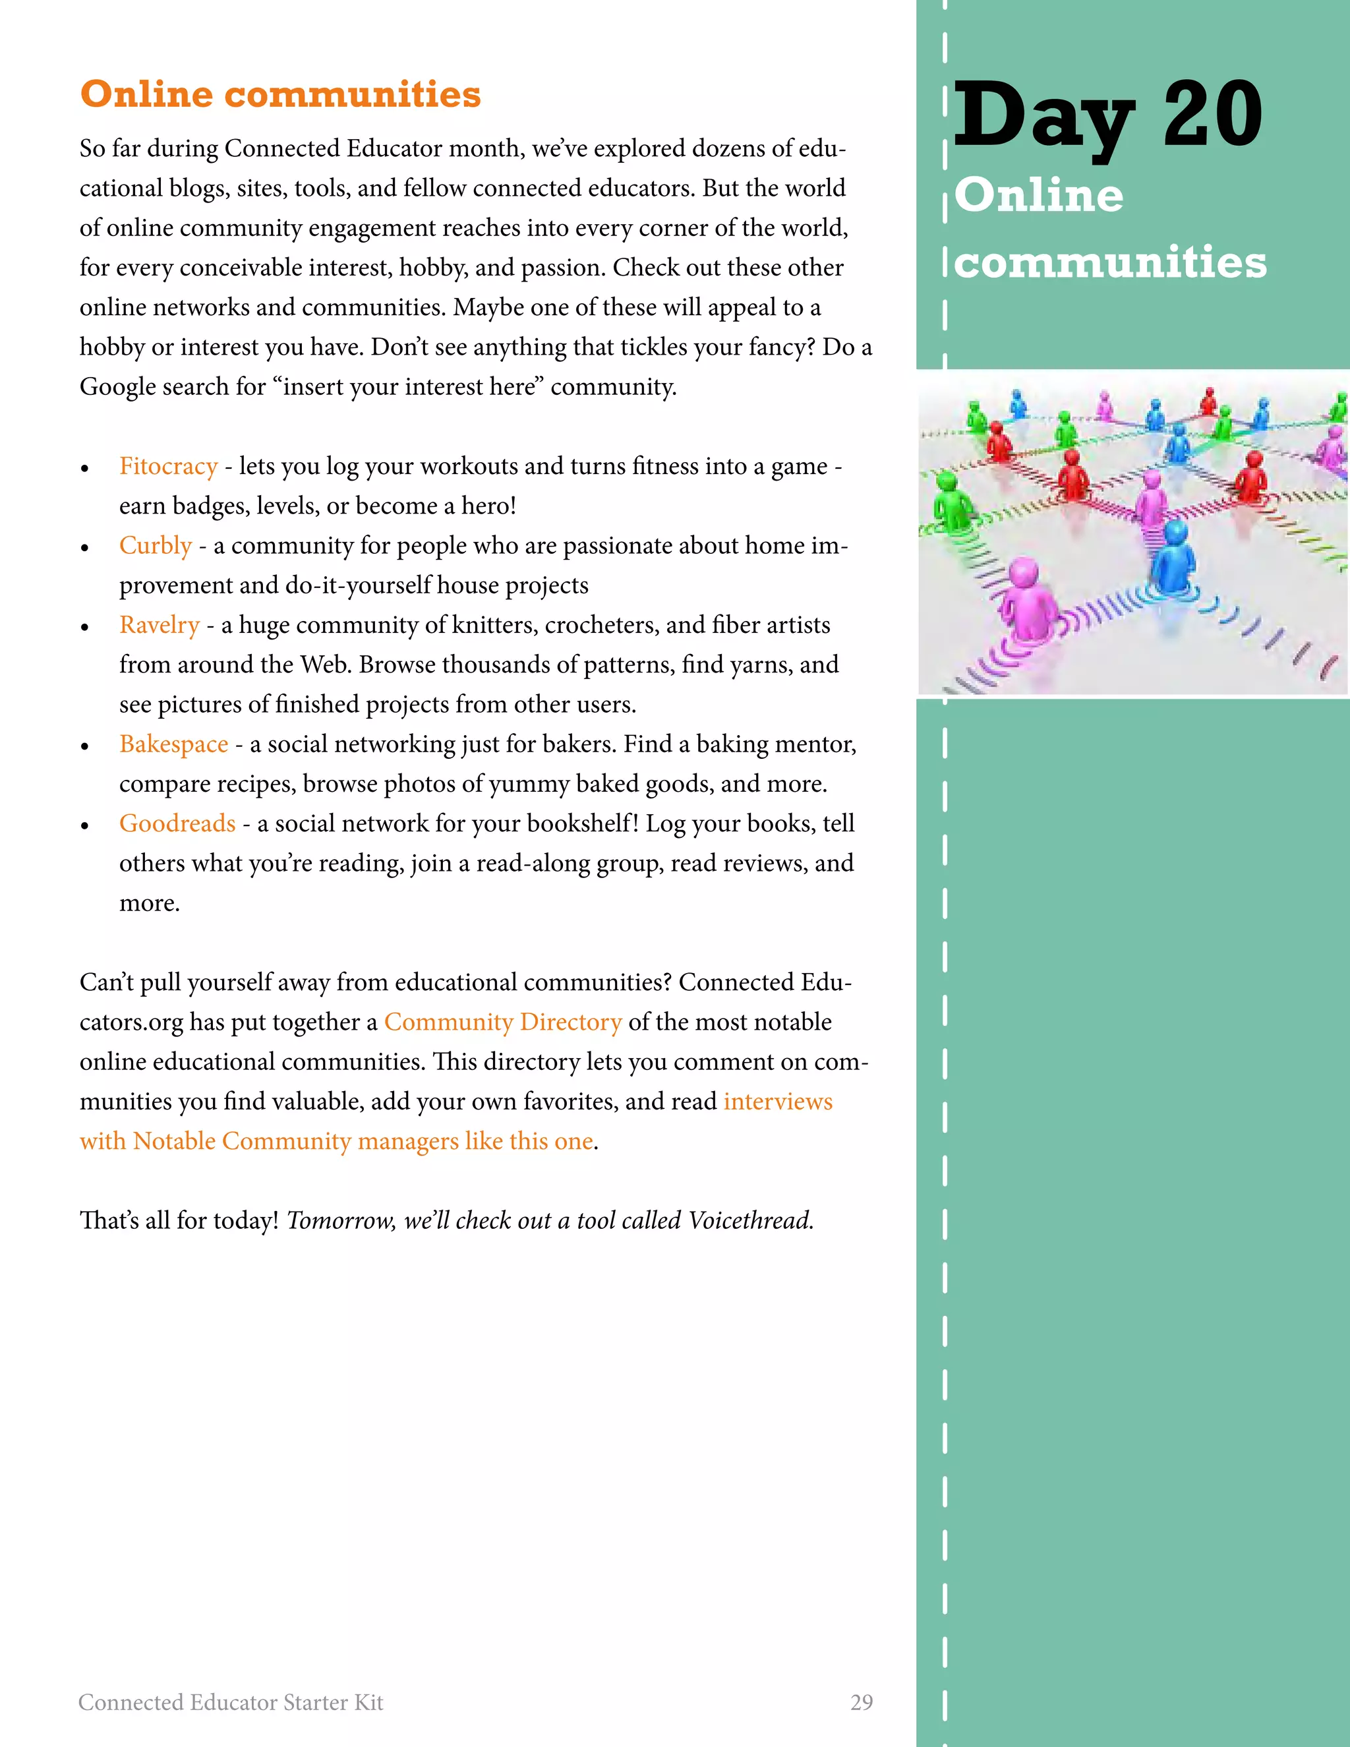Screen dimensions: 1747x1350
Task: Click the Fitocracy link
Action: [x=168, y=465]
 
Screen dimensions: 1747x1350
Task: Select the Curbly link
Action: [x=155, y=546]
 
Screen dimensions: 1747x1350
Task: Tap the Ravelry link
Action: [x=159, y=625]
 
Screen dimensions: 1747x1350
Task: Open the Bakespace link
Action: [x=173, y=744]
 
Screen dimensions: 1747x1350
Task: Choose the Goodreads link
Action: [x=177, y=823]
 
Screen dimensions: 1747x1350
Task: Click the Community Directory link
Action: [x=502, y=1022]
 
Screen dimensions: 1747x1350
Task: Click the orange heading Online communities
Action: [x=280, y=94]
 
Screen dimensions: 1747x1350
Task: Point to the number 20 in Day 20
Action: [x=1212, y=116]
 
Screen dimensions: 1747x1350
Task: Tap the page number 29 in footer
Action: [x=862, y=1702]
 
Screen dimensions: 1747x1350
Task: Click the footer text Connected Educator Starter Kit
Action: [x=230, y=1702]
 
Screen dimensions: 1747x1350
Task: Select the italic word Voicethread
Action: [x=750, y=1221]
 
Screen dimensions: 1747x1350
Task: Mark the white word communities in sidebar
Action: [x=1110, y=262]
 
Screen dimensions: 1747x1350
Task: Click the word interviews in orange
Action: [x=777, y=1102]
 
